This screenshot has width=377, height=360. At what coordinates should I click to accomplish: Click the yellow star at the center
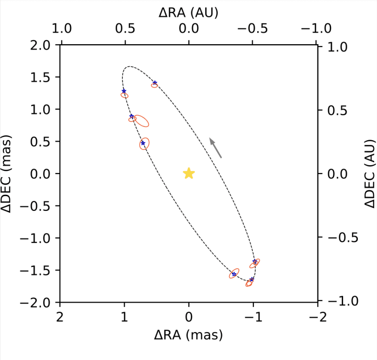click(x=189, y=173)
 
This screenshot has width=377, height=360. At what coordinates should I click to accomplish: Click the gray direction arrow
click(x=215, y=148)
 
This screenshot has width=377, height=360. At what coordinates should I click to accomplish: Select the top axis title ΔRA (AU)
click(x=188, y=12)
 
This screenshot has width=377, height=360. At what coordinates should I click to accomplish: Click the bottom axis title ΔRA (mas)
click(x=188, y=335)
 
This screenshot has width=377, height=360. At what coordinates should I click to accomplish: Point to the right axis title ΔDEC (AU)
click(x=370, y=173)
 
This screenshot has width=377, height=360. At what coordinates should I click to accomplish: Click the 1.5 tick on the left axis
click(x=41, y=77)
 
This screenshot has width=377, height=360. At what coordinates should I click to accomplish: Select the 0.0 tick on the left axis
click(x=41, y=174)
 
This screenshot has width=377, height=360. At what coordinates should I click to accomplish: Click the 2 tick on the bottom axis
click(x=60, y=314)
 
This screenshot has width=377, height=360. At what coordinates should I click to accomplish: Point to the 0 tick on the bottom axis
click(x=189, y=314)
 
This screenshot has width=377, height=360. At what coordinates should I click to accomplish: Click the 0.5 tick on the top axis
click(x=125, y=29)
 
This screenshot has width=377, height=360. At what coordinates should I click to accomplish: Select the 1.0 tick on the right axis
click(x=334, y=47)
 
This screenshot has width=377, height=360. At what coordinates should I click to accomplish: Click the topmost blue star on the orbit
click(x=155, y=83)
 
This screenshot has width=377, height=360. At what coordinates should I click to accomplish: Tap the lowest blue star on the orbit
click(x=252, y=280)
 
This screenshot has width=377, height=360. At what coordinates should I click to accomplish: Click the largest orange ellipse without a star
click(x=141, y=121)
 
